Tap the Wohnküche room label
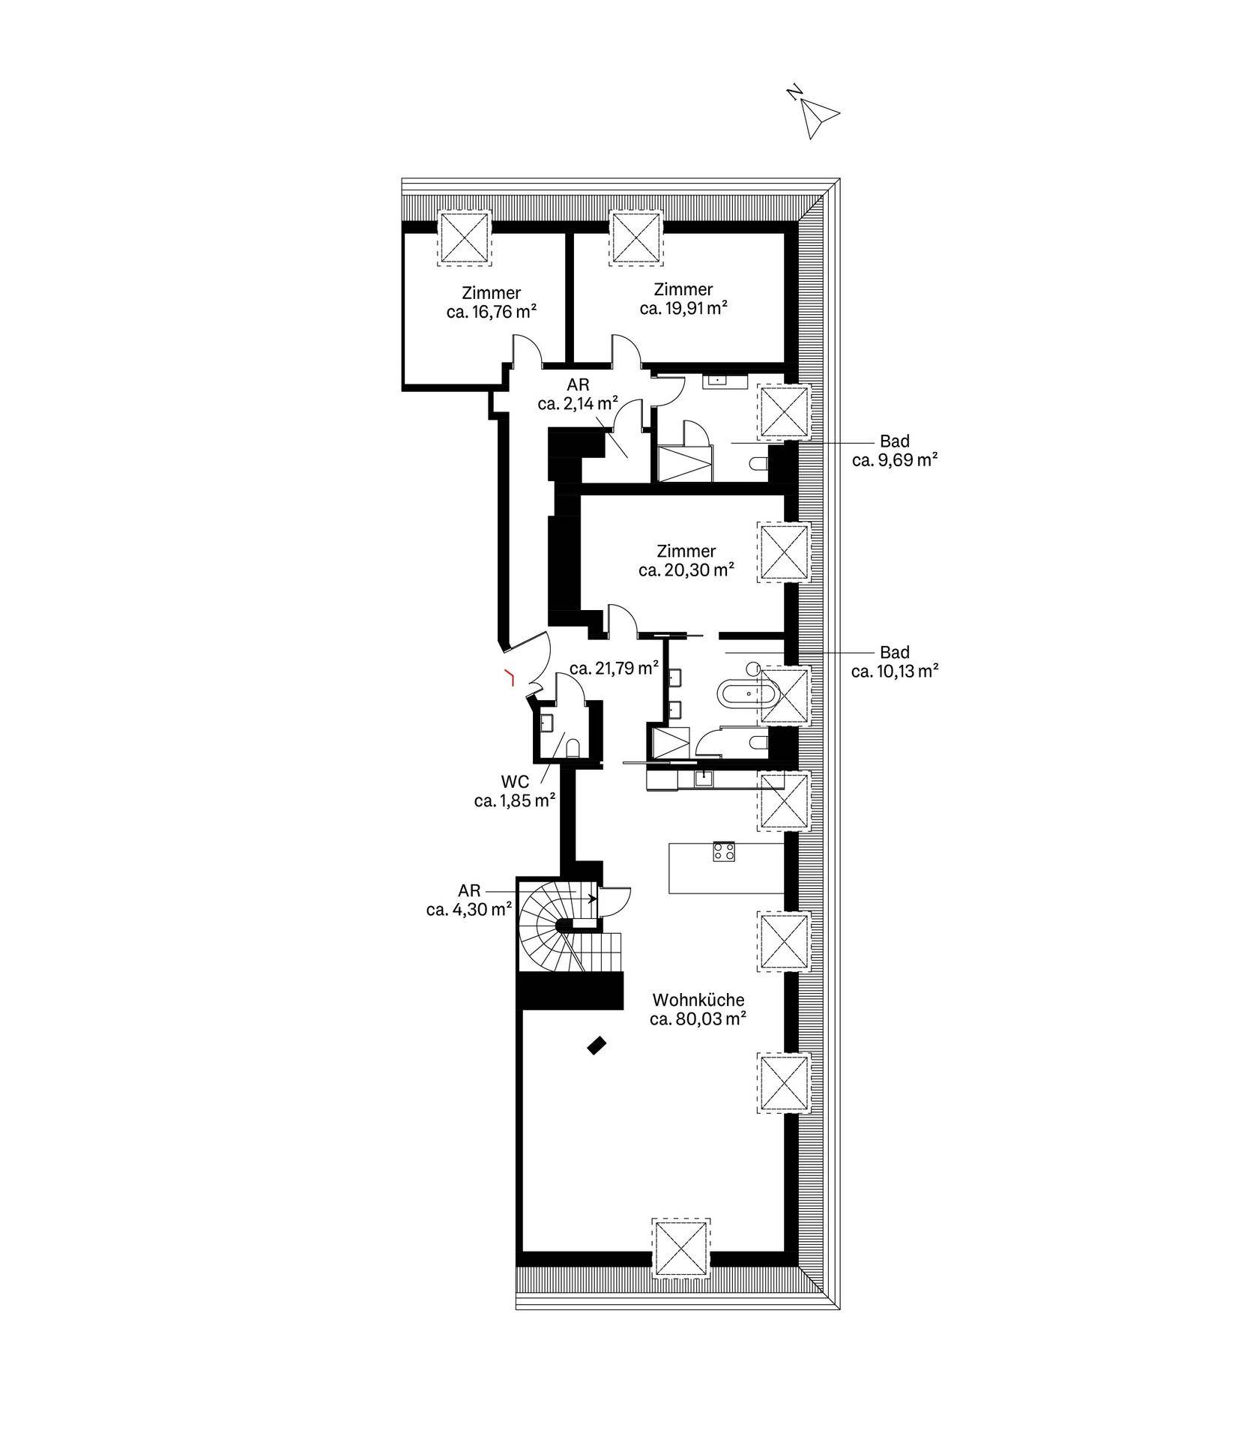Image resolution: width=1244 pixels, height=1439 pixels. (698, 1000)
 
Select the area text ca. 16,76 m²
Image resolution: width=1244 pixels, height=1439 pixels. (492, 312)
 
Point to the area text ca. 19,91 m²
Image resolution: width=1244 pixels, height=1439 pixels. (683, 307)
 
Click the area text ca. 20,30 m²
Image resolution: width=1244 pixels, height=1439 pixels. (686, 570)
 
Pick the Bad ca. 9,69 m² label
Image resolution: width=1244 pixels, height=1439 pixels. (895, 450)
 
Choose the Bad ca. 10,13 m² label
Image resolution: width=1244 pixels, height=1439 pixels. (895, 662)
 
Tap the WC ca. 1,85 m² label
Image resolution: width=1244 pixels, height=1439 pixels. (514, 791)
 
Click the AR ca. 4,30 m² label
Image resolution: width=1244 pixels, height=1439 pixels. (469, 899)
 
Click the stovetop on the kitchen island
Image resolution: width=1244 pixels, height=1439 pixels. (724, 851)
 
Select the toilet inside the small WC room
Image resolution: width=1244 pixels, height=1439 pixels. (573, 748)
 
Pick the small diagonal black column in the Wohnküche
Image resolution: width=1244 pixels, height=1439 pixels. (597, 1045)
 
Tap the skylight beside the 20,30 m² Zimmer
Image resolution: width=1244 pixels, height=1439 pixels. (785, 552)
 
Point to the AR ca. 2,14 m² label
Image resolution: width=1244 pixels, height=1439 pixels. (577, 393)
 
